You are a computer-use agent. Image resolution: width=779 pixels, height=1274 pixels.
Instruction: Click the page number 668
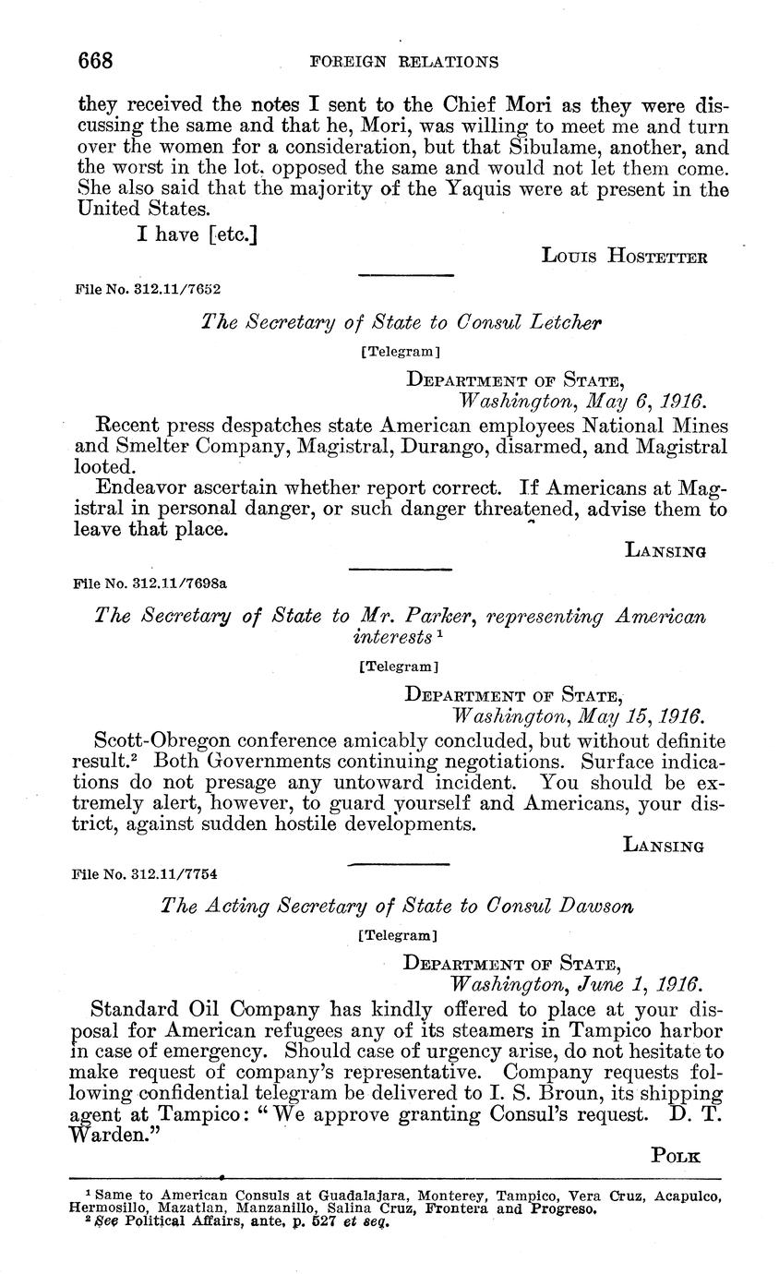(95, 62)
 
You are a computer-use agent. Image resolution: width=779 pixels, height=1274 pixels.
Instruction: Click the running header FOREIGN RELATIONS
(404, 63)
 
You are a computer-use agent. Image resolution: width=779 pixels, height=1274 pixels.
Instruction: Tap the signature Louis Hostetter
(624, 256)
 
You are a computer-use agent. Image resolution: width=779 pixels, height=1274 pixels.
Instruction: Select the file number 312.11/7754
(181, 872)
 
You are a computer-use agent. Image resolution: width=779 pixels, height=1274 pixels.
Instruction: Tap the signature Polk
(676, 1155)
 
